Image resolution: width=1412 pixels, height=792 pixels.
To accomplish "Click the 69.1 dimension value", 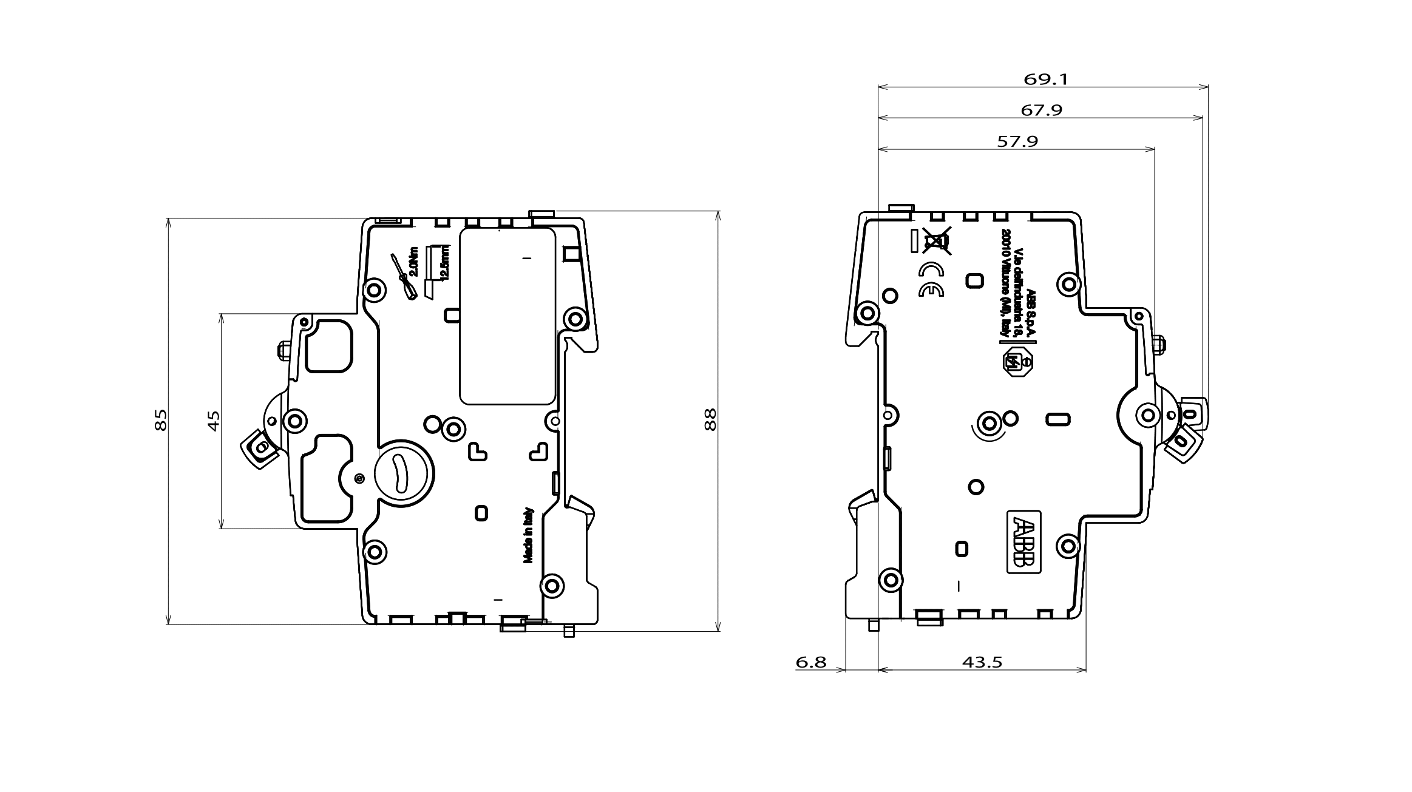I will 1045,79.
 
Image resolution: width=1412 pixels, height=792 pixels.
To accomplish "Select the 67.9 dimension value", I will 1041,110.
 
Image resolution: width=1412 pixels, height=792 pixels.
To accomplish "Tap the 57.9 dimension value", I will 1017,141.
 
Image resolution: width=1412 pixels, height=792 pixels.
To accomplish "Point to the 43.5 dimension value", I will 982,662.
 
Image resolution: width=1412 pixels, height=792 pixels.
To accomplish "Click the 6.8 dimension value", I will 811,662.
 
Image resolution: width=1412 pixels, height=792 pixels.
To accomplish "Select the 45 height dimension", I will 214,421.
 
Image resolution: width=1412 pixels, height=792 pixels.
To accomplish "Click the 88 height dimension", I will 710,419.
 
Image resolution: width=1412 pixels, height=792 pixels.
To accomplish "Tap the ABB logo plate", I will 1024,542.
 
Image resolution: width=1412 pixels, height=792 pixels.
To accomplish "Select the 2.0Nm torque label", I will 414,261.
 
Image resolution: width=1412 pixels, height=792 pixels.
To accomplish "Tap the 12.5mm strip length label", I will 445,262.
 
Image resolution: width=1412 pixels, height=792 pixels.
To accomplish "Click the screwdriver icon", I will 402,276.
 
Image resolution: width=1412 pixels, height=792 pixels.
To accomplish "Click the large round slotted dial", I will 403,473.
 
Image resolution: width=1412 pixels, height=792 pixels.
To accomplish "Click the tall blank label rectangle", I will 507,316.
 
